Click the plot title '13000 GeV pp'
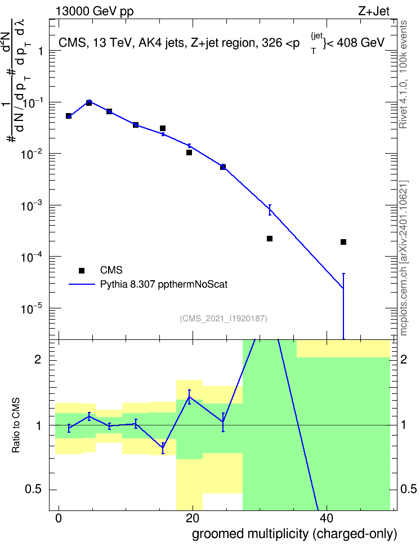click(x=95, y=11)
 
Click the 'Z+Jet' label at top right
click(x=374, y=11)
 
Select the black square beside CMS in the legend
click(x=82, y=270)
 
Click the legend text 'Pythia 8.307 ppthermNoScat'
click(x=164, y=284)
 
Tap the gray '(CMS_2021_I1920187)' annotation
click(x=224, y=319)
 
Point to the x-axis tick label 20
click(x=193, y=518)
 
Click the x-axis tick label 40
click(x=327, y=518)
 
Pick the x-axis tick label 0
click(x=59, y=518)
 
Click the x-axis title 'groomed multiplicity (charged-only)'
click(x=294, y=534)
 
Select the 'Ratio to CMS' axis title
click(x=16, y=425)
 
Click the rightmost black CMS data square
click(x=343, y=242)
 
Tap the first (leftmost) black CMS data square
click(x=69, y=116)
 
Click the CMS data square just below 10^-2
click(x=189, y=153)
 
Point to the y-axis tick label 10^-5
click(x=32, y=308)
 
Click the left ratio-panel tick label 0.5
click(x=33, y=490)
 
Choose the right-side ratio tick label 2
click(x=403, y=359)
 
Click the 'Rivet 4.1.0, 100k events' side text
click(x=403, y=74)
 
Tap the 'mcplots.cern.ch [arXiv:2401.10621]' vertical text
click(x=403, y=258)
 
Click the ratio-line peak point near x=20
click(x=189, y=397)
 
